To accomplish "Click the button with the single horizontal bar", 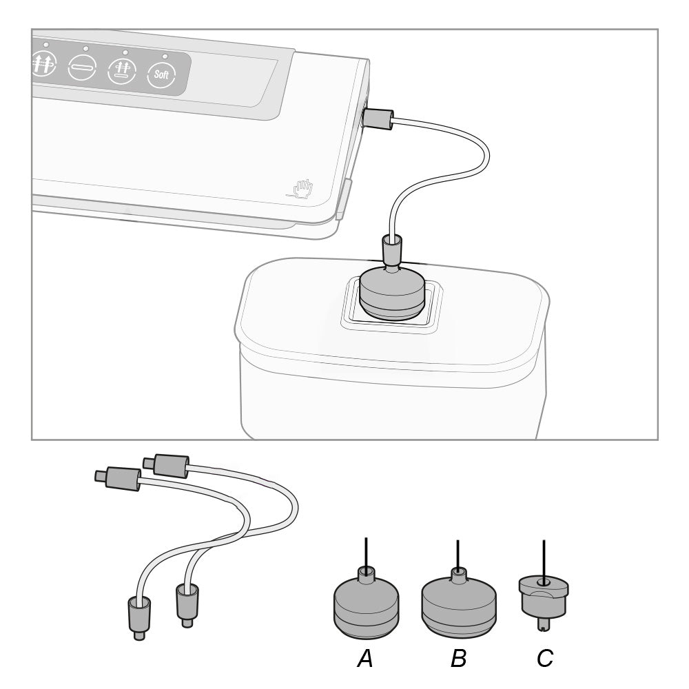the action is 82,68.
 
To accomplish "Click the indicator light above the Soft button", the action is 165,56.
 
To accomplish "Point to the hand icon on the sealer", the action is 302,189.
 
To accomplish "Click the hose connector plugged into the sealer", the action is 378,119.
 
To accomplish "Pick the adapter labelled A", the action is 367,603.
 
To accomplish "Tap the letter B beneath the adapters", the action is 458,658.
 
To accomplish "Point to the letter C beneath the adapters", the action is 545,658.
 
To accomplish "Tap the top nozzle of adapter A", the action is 366,575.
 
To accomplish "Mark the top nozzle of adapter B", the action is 458,575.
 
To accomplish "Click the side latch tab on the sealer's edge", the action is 342,199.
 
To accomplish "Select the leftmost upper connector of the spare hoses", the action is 118,476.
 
